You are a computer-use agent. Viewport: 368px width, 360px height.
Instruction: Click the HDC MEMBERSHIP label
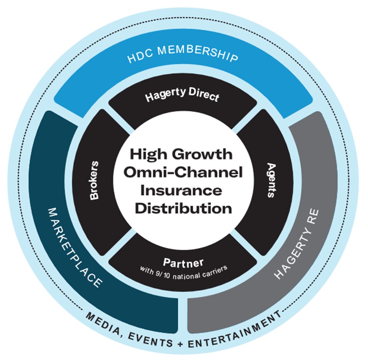tap(183, 57)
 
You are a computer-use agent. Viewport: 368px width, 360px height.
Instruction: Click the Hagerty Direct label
tap(182, 97)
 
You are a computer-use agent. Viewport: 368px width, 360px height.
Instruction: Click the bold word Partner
tap(183, 262)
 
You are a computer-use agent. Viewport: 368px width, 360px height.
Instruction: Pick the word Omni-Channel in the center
tap(183, 173)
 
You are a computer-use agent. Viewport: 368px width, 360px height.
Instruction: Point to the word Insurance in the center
tap(183, 190)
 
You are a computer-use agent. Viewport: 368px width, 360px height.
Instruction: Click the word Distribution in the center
tap(183, 208)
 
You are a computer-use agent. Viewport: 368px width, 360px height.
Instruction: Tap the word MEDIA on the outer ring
tap(102, 319)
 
